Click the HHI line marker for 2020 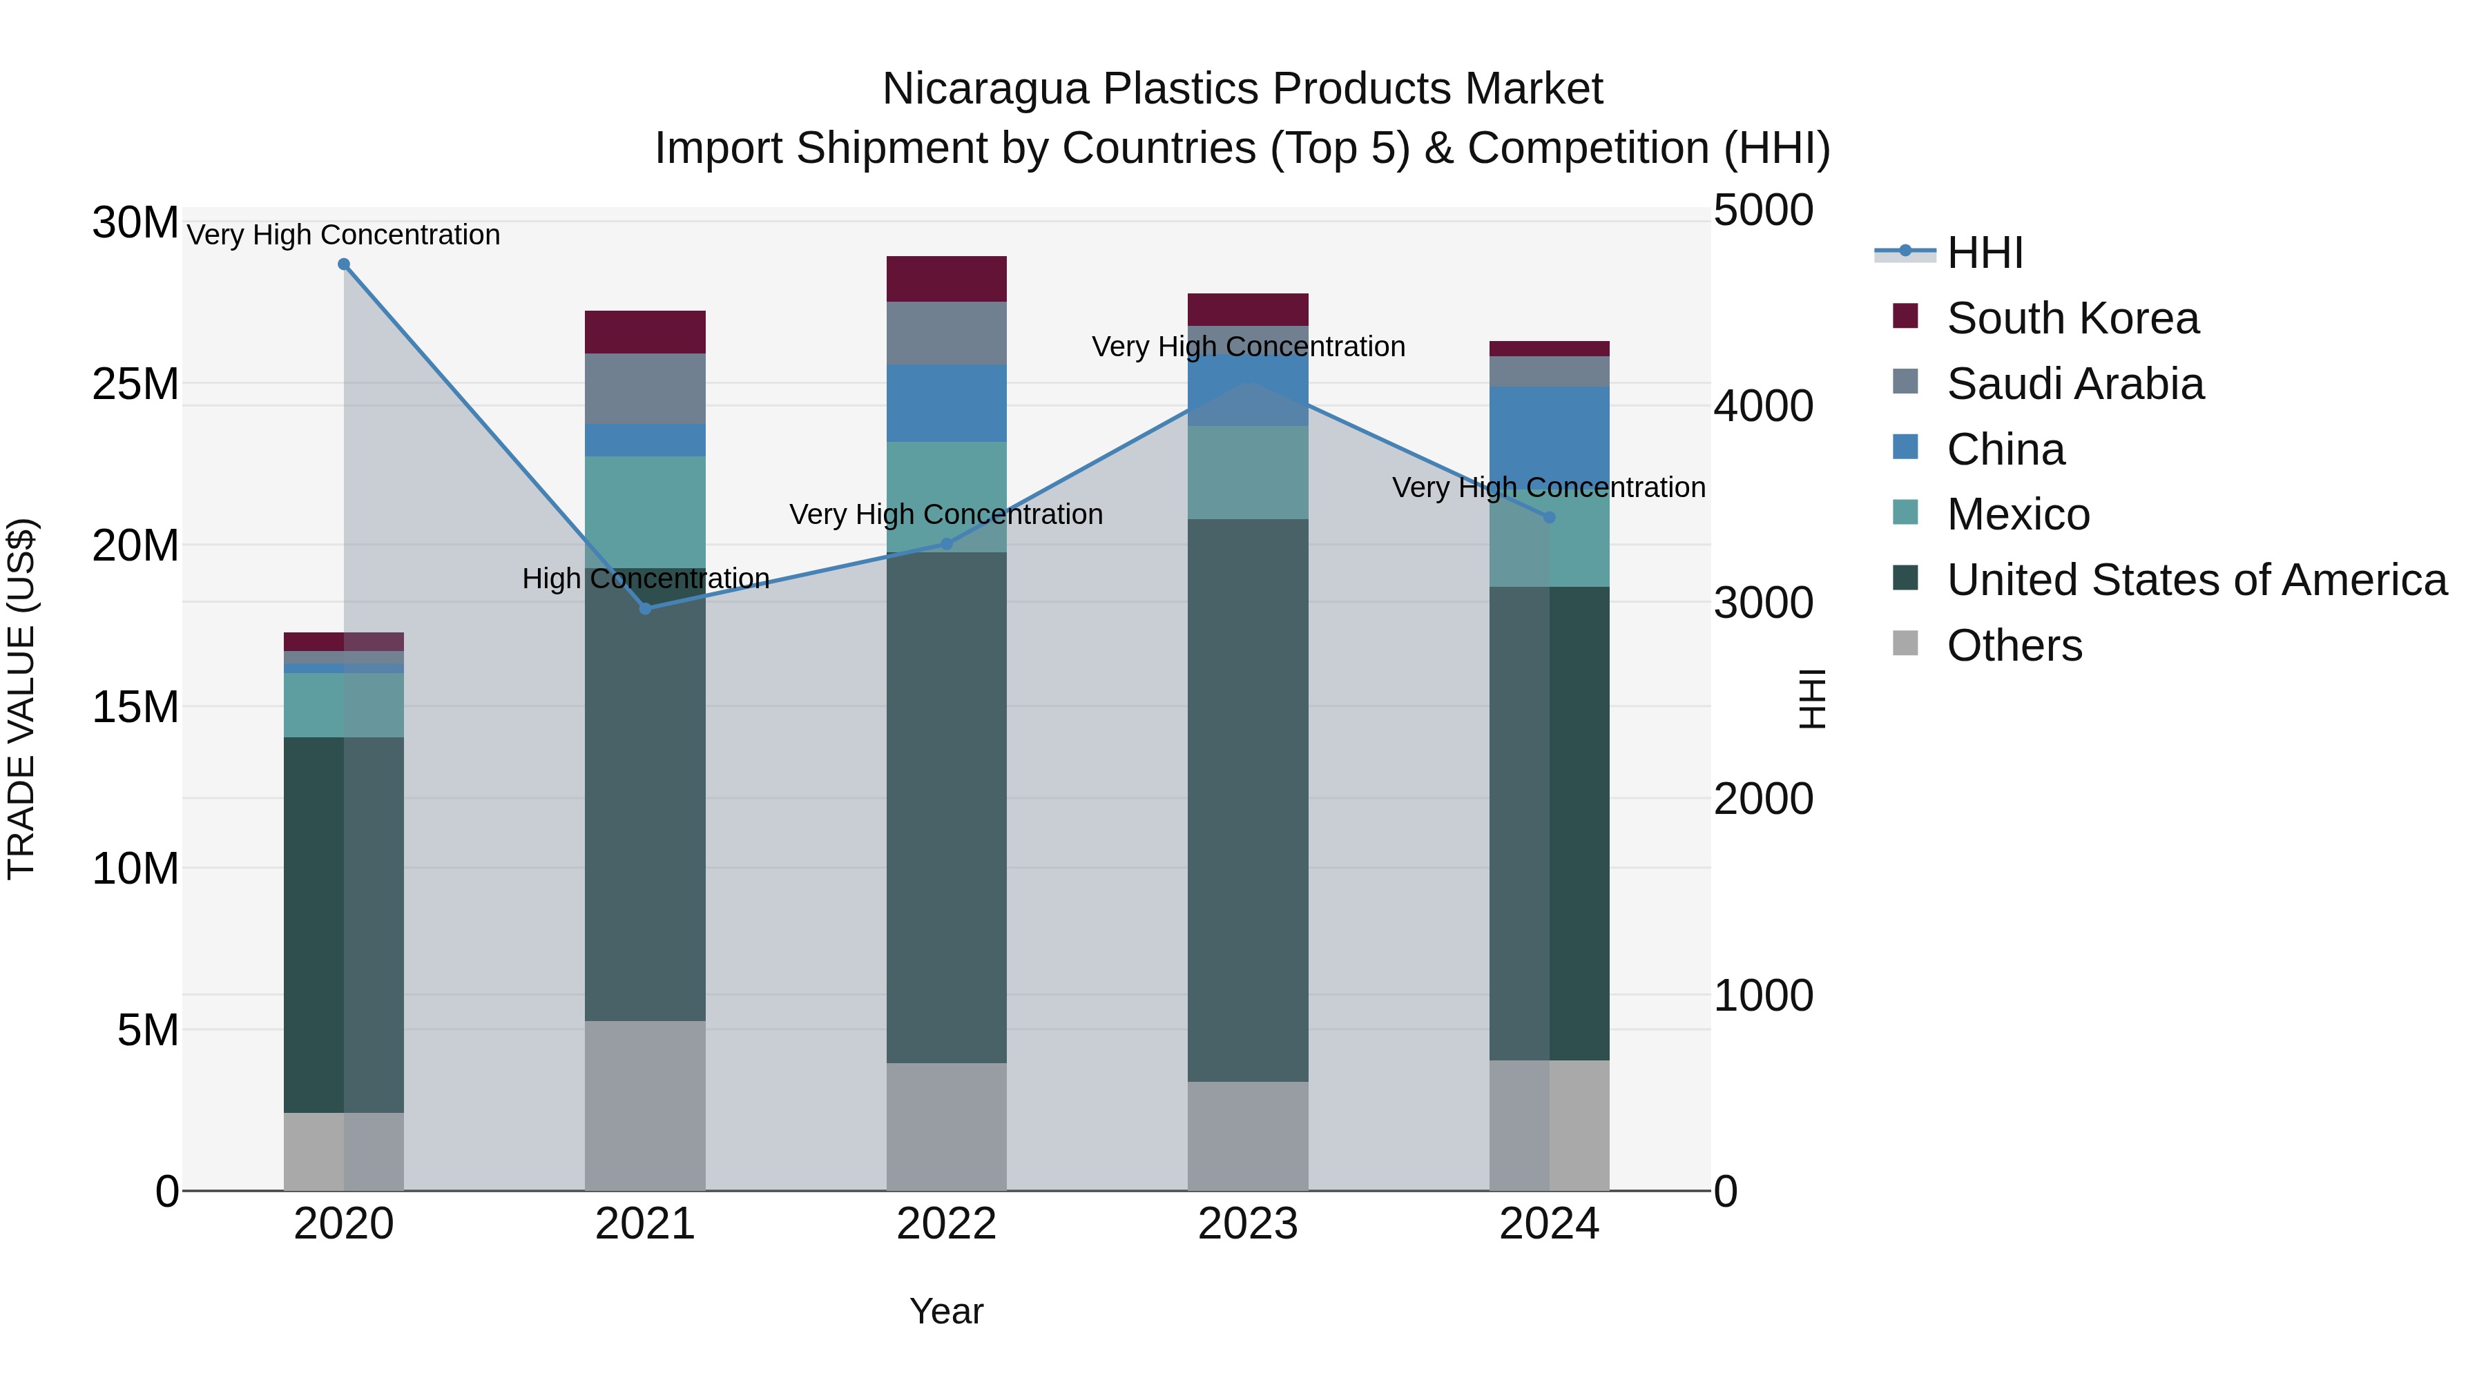[x=344, y=264]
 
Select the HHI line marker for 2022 [x=947, y=544]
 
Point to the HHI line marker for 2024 [x=1550, y=518]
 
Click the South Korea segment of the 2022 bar [x=947, y=279]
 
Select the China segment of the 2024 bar [x=1550, y=434]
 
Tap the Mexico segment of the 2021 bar [x=646, y=512]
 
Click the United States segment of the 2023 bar [x=1248, y=801]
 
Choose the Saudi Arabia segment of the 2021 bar [x=646, y=389]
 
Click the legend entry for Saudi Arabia [x=2075, y=384]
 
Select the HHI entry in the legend [x=1984, y=253]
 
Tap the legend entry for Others [x=2014, y=645]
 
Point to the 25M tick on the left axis [x=135, y=384]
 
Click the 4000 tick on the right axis [x=1763, y=406]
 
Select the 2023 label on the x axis [x=1248, y=1224]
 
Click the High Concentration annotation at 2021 [x=646, y=579]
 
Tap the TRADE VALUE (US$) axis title [x=21, y=699]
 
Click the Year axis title [x=946, y=1311]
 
